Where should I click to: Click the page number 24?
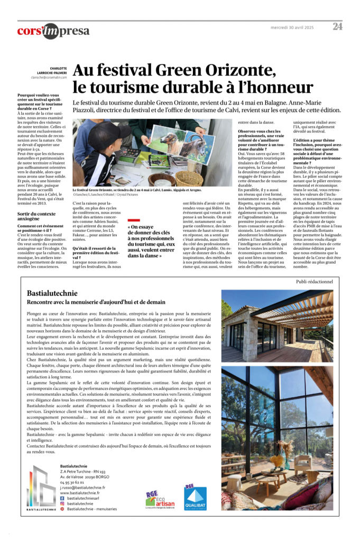coord(337,26)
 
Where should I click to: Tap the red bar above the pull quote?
coord(134,220)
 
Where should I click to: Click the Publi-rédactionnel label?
coord(314,282)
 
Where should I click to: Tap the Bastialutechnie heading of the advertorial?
coord(52,293)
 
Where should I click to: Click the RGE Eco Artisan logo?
coord(156,498)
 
